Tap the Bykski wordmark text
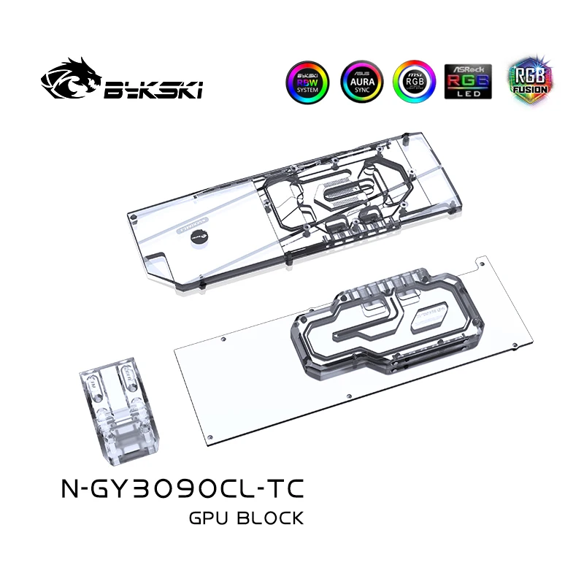153,89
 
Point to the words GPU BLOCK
245,518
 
